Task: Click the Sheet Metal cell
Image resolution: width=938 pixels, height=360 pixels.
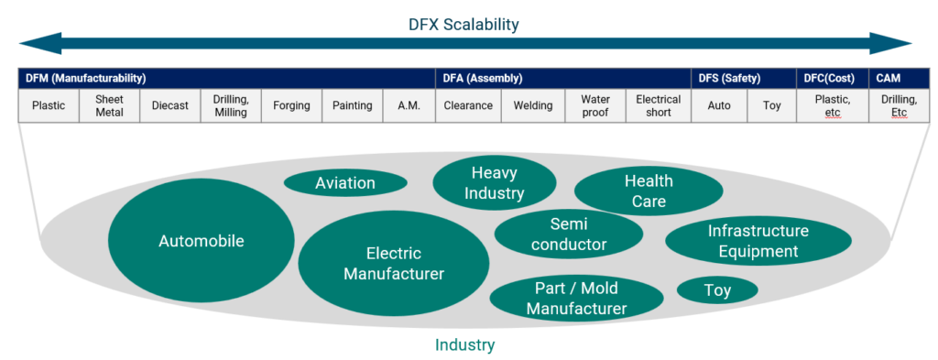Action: pos(109,105)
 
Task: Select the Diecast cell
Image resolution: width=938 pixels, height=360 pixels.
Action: pos(169,105)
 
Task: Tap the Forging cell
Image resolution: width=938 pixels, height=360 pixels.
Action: pos(291,105)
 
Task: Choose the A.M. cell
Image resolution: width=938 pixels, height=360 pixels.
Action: pos(409,105)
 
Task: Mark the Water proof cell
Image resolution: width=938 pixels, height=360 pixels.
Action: pos(595,105)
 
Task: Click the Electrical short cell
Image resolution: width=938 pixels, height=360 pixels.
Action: pos(658,105)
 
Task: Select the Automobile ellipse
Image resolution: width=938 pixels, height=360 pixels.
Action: pos(201,242)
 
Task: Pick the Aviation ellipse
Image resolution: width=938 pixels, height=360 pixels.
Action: pos(345,183)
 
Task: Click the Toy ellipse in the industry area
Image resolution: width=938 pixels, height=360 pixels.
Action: pos(717,291)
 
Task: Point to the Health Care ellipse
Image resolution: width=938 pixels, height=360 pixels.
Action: pos(649,191)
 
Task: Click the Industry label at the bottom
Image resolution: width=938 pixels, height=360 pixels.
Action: pos(464,345)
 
